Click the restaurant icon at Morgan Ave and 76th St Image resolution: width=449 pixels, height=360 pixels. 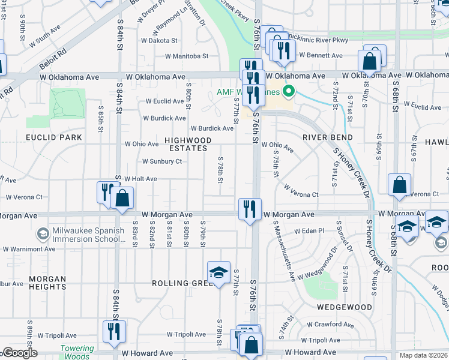pyautogui.click(x=249, y=209)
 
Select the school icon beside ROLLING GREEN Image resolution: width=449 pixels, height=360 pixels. pyautogui.click(x=219, y=272)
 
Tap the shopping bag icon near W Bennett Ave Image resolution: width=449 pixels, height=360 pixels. pyautogui.click(x=370, y=61)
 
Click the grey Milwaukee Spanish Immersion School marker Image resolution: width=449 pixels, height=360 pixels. pyautogui.click(x=43, y=233)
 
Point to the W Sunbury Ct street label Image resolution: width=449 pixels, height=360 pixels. pyautogui.click(x=161, y=161)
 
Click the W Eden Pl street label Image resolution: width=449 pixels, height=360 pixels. pyautogui.click(x=309, y=230)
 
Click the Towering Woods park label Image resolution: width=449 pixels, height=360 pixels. pyautogui.click(x=77, y=352)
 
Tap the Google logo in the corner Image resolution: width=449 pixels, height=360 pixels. pyautogui.click(x=20, y=353)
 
